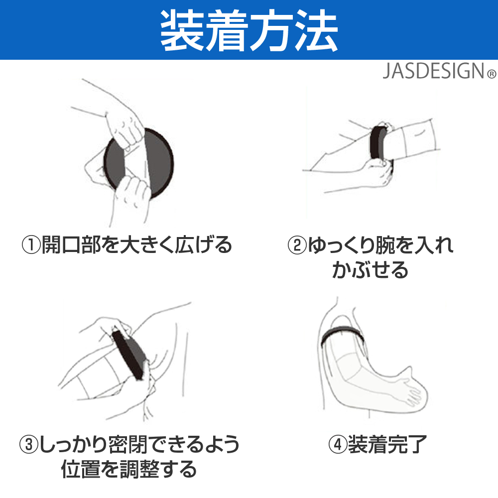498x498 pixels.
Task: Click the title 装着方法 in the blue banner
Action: [249, 30]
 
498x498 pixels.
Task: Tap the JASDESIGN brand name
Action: [434, 71]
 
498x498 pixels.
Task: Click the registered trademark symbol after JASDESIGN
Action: [492, 74]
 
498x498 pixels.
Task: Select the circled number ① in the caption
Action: [31, 245]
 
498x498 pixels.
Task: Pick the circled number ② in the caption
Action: [297, 245]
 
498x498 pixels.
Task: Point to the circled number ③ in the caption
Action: [28, 444]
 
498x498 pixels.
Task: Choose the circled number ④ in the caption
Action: [338, 444]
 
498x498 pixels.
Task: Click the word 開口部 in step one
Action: [71, 245]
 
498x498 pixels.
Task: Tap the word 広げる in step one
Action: [203, 245]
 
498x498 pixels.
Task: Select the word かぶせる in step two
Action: [370, 270]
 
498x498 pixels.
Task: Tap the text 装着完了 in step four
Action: [387, 444]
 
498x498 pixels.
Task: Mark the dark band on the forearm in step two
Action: [378, 142]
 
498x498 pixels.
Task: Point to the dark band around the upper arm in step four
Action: [343, 331]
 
